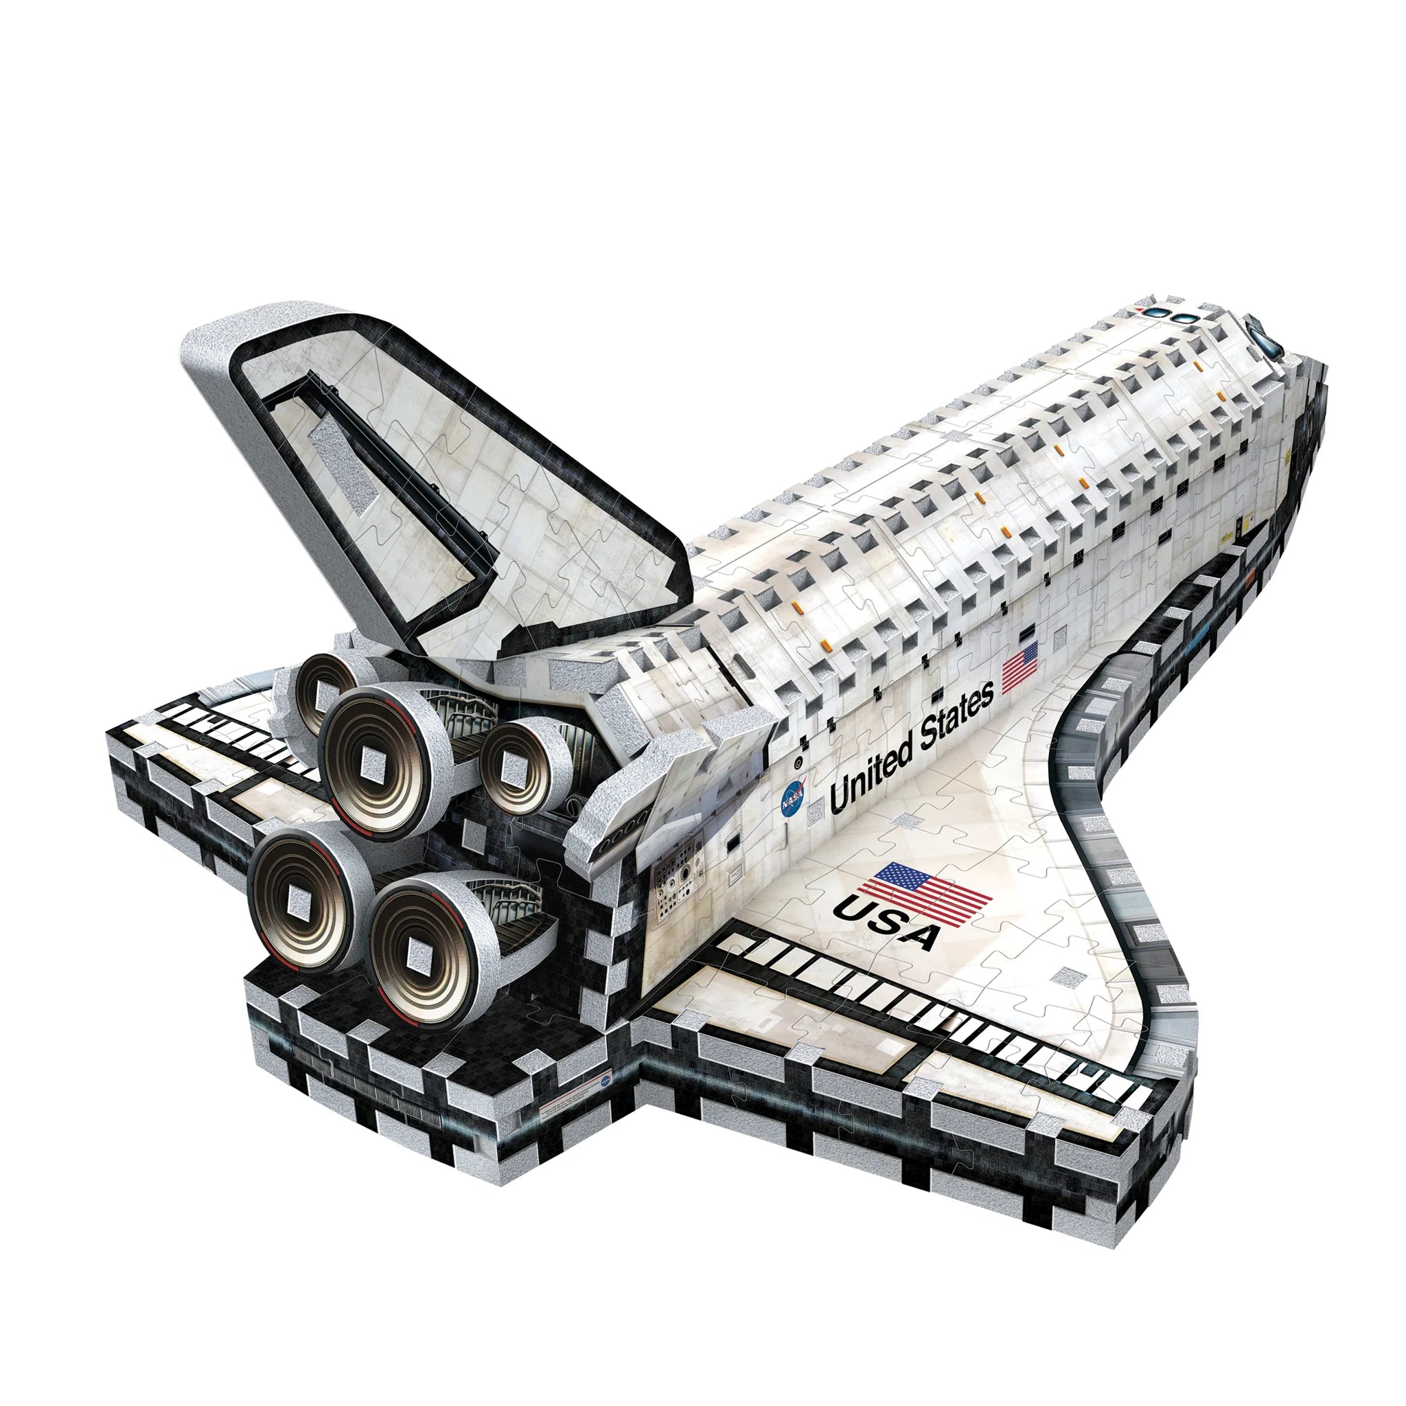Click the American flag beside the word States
tap(1020, 667)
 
